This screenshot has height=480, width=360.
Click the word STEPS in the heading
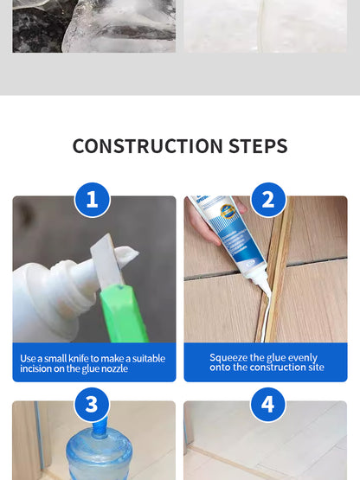click(x=254, y=146)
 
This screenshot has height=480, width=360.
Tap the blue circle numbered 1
click(x=93, y=201)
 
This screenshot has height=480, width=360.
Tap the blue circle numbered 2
click(x=267, y=201)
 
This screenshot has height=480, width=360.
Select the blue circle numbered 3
click(x=93, y=404)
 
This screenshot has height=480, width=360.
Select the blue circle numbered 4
click(x=267, y=404)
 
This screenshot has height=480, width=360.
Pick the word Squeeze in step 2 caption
click(x=229, y=357)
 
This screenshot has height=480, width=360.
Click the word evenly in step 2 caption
click(x=301, y=357)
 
